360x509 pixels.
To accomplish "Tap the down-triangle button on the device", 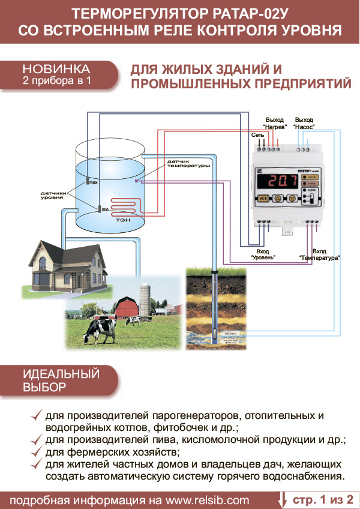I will click(x=292, y=198).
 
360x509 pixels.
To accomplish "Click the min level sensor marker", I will click(x=99, y=209).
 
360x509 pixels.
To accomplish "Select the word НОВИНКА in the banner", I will click(x=57, y=68).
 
